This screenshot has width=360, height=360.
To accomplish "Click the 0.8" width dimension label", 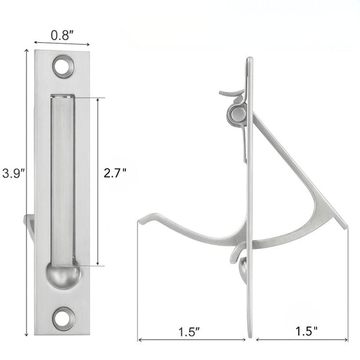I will pyautogui.click(x=62, y=35).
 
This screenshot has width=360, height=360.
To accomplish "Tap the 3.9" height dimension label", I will pyautogui.click(x=12, y=175).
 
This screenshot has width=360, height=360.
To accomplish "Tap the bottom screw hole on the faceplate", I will pyautogui.click(x=62, y=317).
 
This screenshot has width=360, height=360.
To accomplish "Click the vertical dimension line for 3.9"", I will pyautogui.click(x=26, y=192).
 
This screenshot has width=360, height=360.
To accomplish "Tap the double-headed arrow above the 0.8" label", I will pyautogui.click(x=62, y=43).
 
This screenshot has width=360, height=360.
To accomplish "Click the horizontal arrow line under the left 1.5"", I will pyautogui.click(x=192, y=340).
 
